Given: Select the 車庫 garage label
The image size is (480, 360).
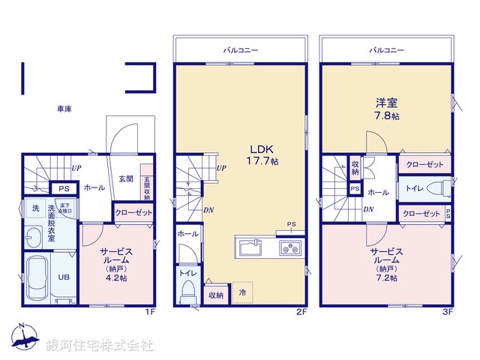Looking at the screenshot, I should tap(64, 109).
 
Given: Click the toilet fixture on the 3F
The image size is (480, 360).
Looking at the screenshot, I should tap(444, 188).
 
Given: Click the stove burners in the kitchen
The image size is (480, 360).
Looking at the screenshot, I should tap(289, 247).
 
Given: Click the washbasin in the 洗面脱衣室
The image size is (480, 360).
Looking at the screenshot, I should tap(34, 239).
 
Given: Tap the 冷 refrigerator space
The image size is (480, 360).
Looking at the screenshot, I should tap(242, 291).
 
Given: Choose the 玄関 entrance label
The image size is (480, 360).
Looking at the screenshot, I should tap(125, 179).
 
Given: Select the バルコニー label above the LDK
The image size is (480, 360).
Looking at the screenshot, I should tap(240, 49).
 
